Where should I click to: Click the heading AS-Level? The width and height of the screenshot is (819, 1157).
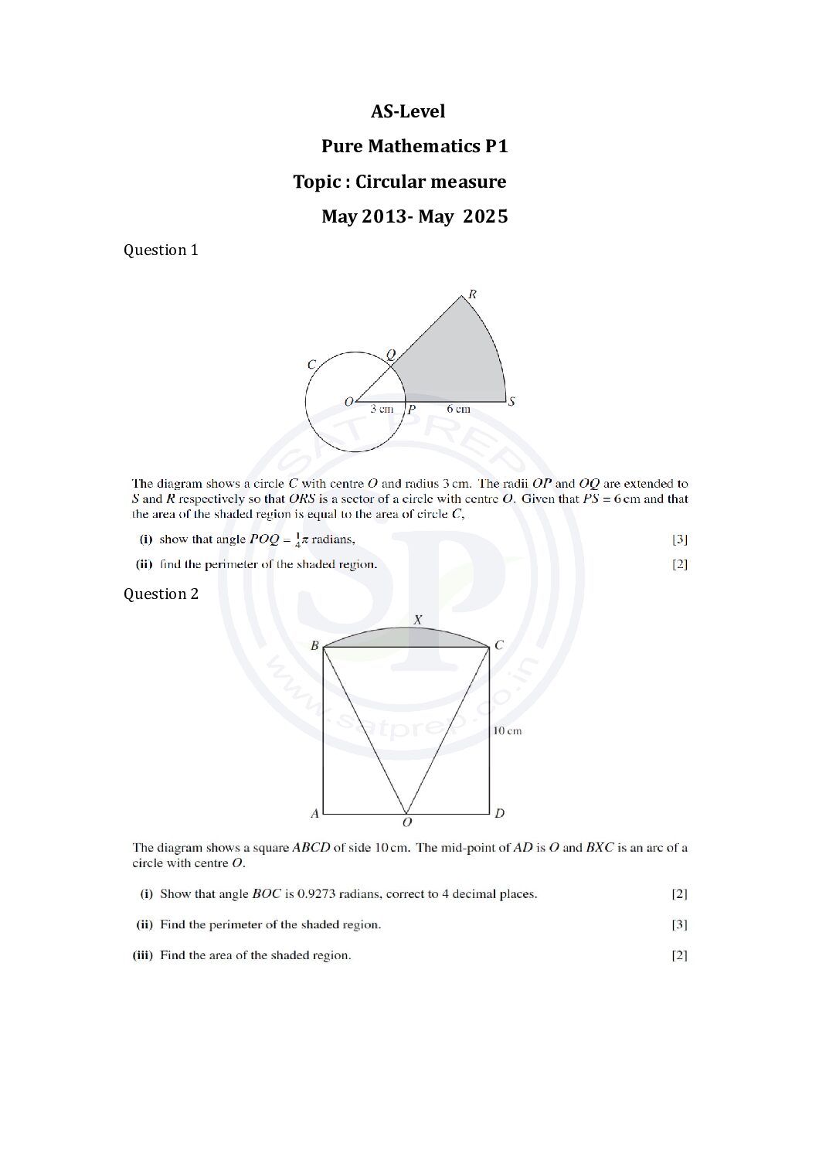click(x=408, y=111)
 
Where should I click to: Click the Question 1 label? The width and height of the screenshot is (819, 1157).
click(x=161, y=250)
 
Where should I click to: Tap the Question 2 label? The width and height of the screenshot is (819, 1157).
click(x=161, y=594)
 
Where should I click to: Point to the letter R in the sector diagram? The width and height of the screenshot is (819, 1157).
click(x=472, y=294)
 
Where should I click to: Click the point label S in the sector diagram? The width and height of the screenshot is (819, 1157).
click(x=511, y=401)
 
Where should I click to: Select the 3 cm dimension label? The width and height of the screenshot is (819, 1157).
click(x=381, y=409)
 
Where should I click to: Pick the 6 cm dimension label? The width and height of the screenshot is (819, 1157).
click(x=458, y=409)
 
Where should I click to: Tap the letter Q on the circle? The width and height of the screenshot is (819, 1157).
click(x=390, y=354)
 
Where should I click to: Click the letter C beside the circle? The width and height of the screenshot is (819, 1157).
click(x=311, y=365)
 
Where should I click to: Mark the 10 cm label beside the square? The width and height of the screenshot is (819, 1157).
click(x=508, y=730)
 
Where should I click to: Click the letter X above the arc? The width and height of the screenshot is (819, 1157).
click(x=417, y=619)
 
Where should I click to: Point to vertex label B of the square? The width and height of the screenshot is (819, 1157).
click(x=314, y=645)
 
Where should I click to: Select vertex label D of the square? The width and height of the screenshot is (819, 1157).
click(x=500, y=813)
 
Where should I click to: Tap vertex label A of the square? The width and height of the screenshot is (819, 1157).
click(x=314, y=813)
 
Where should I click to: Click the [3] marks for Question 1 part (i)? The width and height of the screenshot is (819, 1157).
click(x=679, y=539)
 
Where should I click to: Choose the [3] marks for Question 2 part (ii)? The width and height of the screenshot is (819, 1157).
click(x=679, y=924)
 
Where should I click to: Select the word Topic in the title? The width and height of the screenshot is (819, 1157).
click(x=317, y=182)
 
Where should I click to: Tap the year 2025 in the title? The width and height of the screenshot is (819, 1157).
click(x=485, y=216)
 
